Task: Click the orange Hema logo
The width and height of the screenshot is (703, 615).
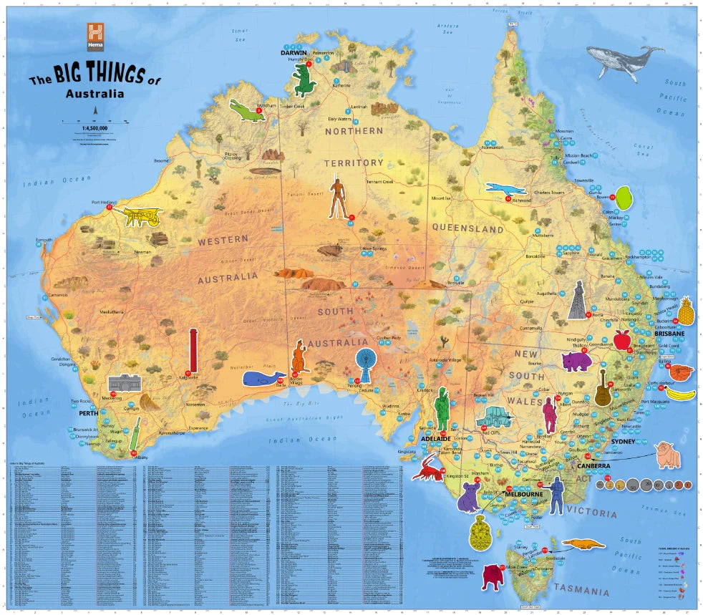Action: (96, 36)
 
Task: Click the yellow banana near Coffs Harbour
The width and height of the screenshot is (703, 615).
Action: (681, 394)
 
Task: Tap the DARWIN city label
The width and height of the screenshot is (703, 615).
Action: (294, 53)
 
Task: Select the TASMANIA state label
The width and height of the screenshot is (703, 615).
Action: (582, 591)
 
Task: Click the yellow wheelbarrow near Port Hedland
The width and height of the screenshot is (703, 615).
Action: (142, 216)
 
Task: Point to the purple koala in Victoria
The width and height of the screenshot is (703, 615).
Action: (470, 497)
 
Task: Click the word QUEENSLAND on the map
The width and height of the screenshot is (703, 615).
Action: (468, 229)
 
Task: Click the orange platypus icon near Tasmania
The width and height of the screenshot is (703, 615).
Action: (583, 544)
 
